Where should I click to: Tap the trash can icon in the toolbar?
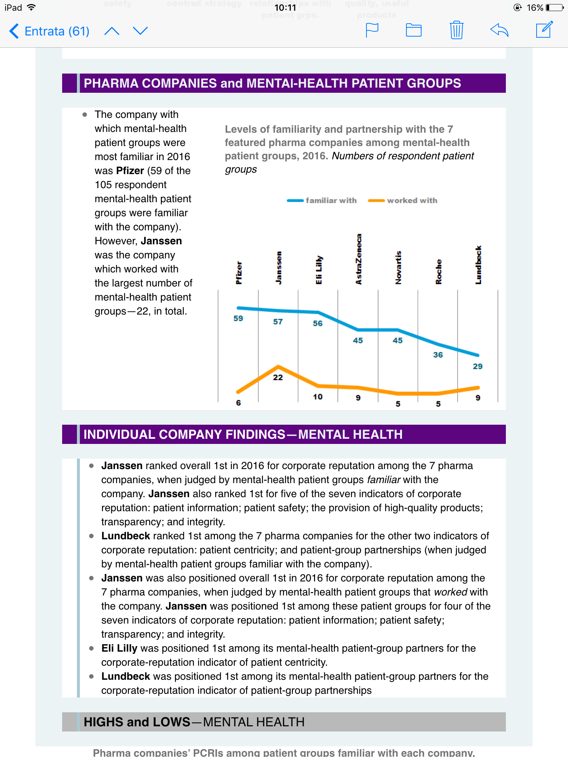(457, 30)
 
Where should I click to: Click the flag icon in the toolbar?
(372, 30)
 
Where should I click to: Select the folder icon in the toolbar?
(414, 30)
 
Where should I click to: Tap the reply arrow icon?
(499, 30)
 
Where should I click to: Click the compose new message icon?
(544, 30)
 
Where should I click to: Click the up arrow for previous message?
(112, 31)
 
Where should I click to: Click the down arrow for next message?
(140, 31)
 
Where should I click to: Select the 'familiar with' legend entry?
(322, 200)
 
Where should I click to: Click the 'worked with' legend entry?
(403, 200)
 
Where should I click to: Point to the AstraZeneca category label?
(358, 259)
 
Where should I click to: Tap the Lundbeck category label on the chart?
(478, 265)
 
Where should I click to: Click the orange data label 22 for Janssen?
(278, 377)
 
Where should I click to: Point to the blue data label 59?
(238, 318)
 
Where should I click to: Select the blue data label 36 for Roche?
(438, 355)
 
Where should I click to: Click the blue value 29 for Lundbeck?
(478, 366)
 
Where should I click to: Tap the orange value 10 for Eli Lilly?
(318, 397)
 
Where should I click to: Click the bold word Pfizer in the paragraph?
(130, 171)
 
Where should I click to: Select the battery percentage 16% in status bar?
(535, 7)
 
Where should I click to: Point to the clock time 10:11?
(285, 7)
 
